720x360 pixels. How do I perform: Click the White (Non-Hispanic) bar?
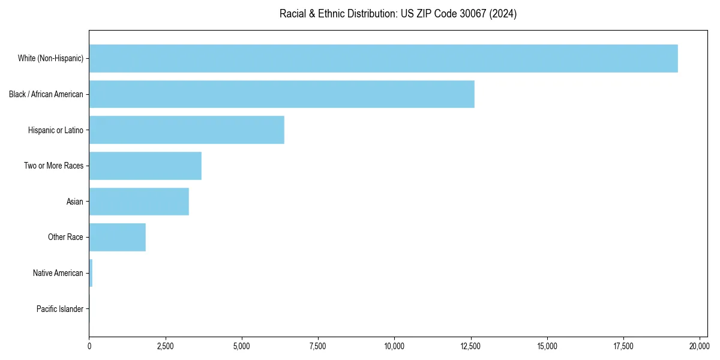tap(383, 58)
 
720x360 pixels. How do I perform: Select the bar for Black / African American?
tap(281, 94)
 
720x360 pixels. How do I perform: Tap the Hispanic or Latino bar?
tap(187, 130)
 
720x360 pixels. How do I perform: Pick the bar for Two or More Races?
tap(145, 166)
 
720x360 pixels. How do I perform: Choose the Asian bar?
tap(139, 202)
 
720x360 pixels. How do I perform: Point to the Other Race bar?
tap(117, 237)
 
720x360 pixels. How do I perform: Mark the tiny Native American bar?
tap(91, 273)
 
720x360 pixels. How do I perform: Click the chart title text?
tap(398, 14)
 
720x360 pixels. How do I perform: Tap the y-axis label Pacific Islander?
tap(59, 309)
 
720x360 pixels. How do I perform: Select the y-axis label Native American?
tap(58, 273)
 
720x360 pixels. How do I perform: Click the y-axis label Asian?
tap(74, 202)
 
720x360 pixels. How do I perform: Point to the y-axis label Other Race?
tap(65, 237)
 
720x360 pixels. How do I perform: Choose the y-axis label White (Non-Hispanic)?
tap(50, 58)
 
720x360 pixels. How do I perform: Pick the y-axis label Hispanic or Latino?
tap(55, 130)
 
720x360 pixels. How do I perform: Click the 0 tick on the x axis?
tap(89, 346)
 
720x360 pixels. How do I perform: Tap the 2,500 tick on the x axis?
tap(165, 346)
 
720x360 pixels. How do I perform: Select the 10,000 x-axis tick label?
tap(394, 346)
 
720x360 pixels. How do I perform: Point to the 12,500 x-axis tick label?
tap(471, 346)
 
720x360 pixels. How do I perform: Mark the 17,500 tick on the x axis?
tap(623, 346)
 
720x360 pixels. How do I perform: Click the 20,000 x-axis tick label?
tap(700, 346)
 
